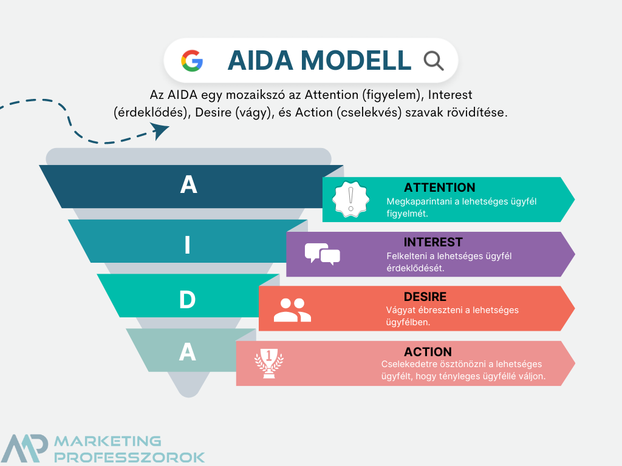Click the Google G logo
(192, 61)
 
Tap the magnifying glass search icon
(434, 61)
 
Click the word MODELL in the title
(356, 61)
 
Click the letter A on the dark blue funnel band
(188, 184)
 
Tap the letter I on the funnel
(188, 245)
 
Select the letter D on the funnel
(188, 300)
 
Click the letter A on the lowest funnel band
(188, 352)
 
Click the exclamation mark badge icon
(350, 199)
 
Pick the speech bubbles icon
(322, 254)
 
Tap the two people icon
(292, 309)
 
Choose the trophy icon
(269, 363)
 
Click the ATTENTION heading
(440, 187)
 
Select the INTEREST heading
(433, 242)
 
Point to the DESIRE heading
(425, 297)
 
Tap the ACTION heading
(428, 352)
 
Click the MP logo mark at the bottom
(24, 448)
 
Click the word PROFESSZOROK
(129, 457)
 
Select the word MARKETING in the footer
(108, 441)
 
